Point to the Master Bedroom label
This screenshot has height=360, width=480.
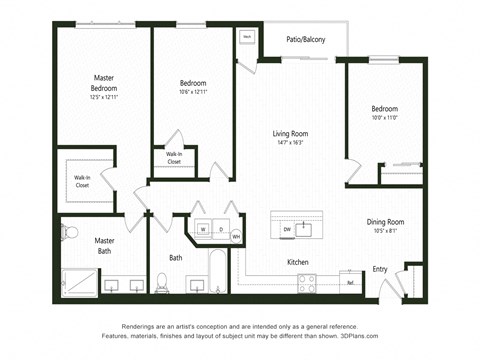click(x=104, y=82)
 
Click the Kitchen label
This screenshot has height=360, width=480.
click(x=298, y=262)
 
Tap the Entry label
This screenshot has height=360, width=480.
click(x=380, y=268)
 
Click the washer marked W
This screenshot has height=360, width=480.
click(x=203, y=229)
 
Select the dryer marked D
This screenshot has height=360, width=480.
click(x=221, y=229)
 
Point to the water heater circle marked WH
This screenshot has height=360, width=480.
click(x=237, y=236)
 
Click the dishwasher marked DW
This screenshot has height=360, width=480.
click(x=287, y=229)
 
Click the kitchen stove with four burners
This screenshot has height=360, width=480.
click(x=307, y=283)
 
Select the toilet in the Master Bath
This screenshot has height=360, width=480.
click(x=70, y=233)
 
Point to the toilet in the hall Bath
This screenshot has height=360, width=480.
click(x=162, y=281)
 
